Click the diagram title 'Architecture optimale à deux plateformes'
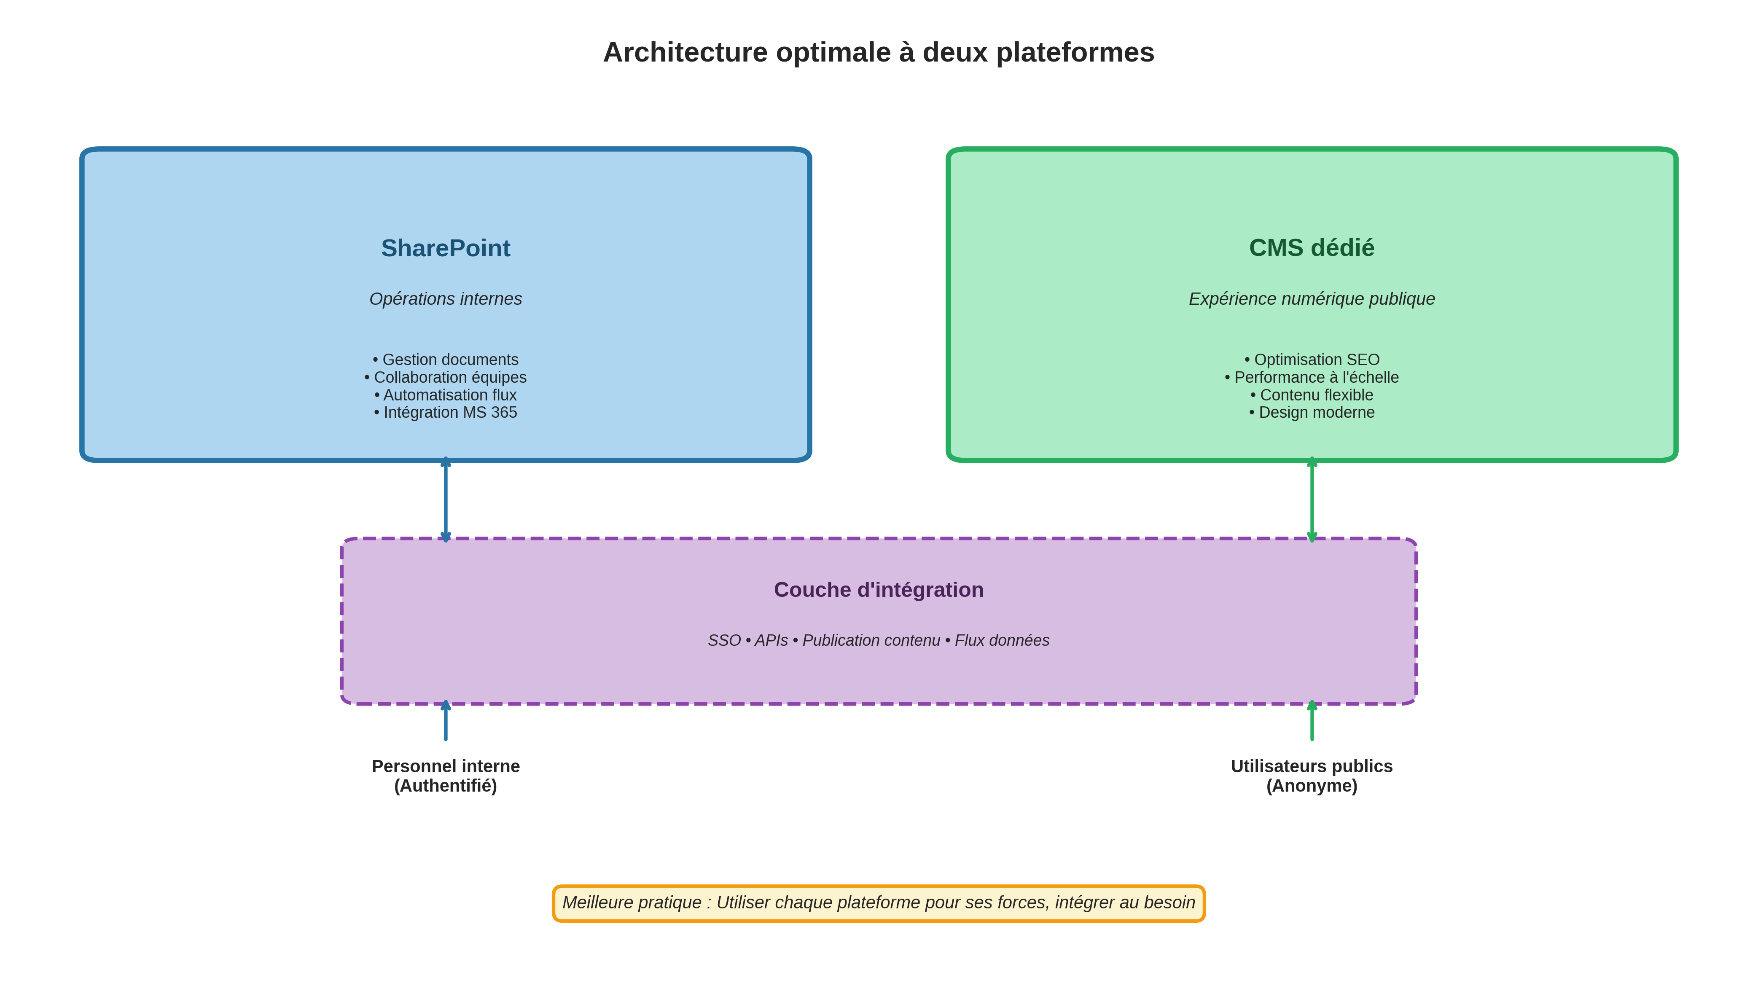[878, 53]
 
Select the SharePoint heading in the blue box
[445, 248]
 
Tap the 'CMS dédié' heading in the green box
[1311, 248]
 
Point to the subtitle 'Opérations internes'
[445, 299]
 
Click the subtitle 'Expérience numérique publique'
[1311, 299]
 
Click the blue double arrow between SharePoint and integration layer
[445, 500]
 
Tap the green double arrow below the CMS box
[1311, 500]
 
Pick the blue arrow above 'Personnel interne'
[445, 720]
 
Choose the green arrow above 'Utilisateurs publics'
[1311, 720]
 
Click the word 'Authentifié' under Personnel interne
[445, 786]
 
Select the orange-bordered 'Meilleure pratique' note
[878, 903]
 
